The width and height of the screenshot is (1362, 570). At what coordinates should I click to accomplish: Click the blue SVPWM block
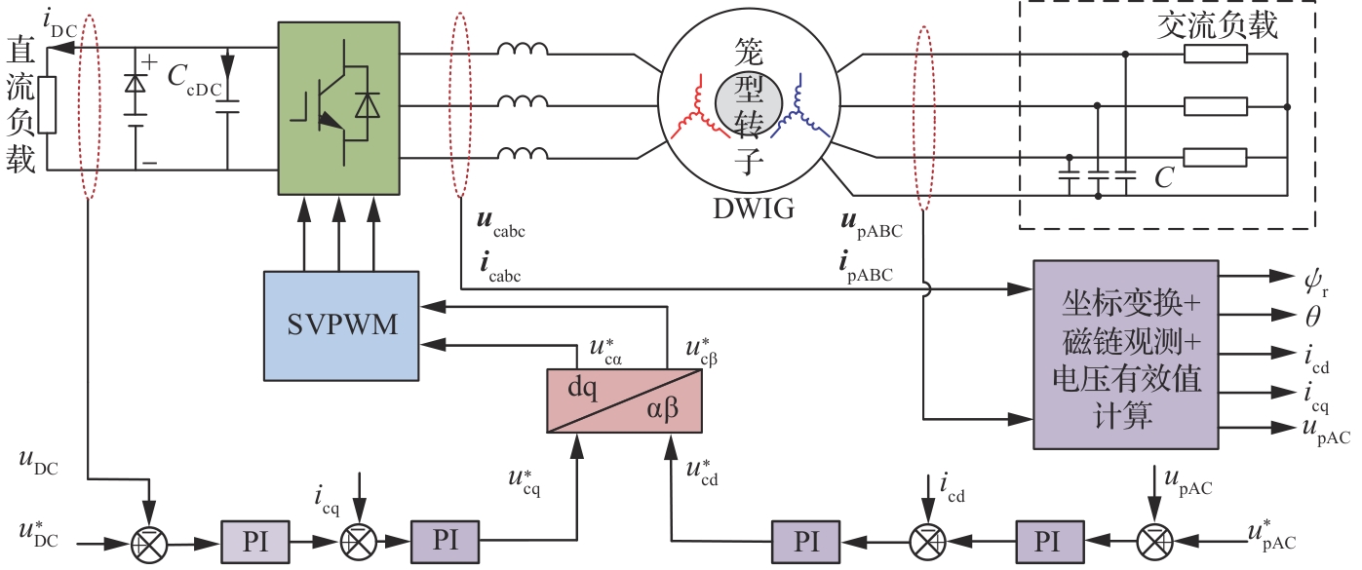tap(341, 324)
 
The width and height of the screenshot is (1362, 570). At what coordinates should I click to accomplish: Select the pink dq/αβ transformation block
tap(624, 400)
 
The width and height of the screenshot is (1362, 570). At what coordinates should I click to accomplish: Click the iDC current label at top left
tap(59, 21)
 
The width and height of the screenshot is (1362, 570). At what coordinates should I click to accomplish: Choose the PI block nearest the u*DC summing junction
tap(255, 541)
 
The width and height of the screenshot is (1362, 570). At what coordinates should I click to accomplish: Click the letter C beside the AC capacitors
tap(1163, 177)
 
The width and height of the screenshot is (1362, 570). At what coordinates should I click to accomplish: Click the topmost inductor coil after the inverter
tap(523, 50)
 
